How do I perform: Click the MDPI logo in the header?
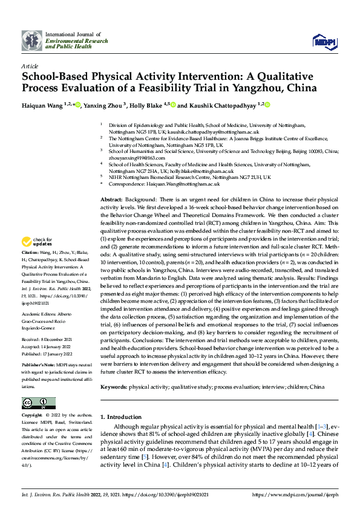(322, 41)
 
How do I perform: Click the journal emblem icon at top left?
(32, 41)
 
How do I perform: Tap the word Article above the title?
(30, 66)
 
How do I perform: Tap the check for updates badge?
(38, 241)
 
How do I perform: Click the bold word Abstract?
(111, 199)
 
